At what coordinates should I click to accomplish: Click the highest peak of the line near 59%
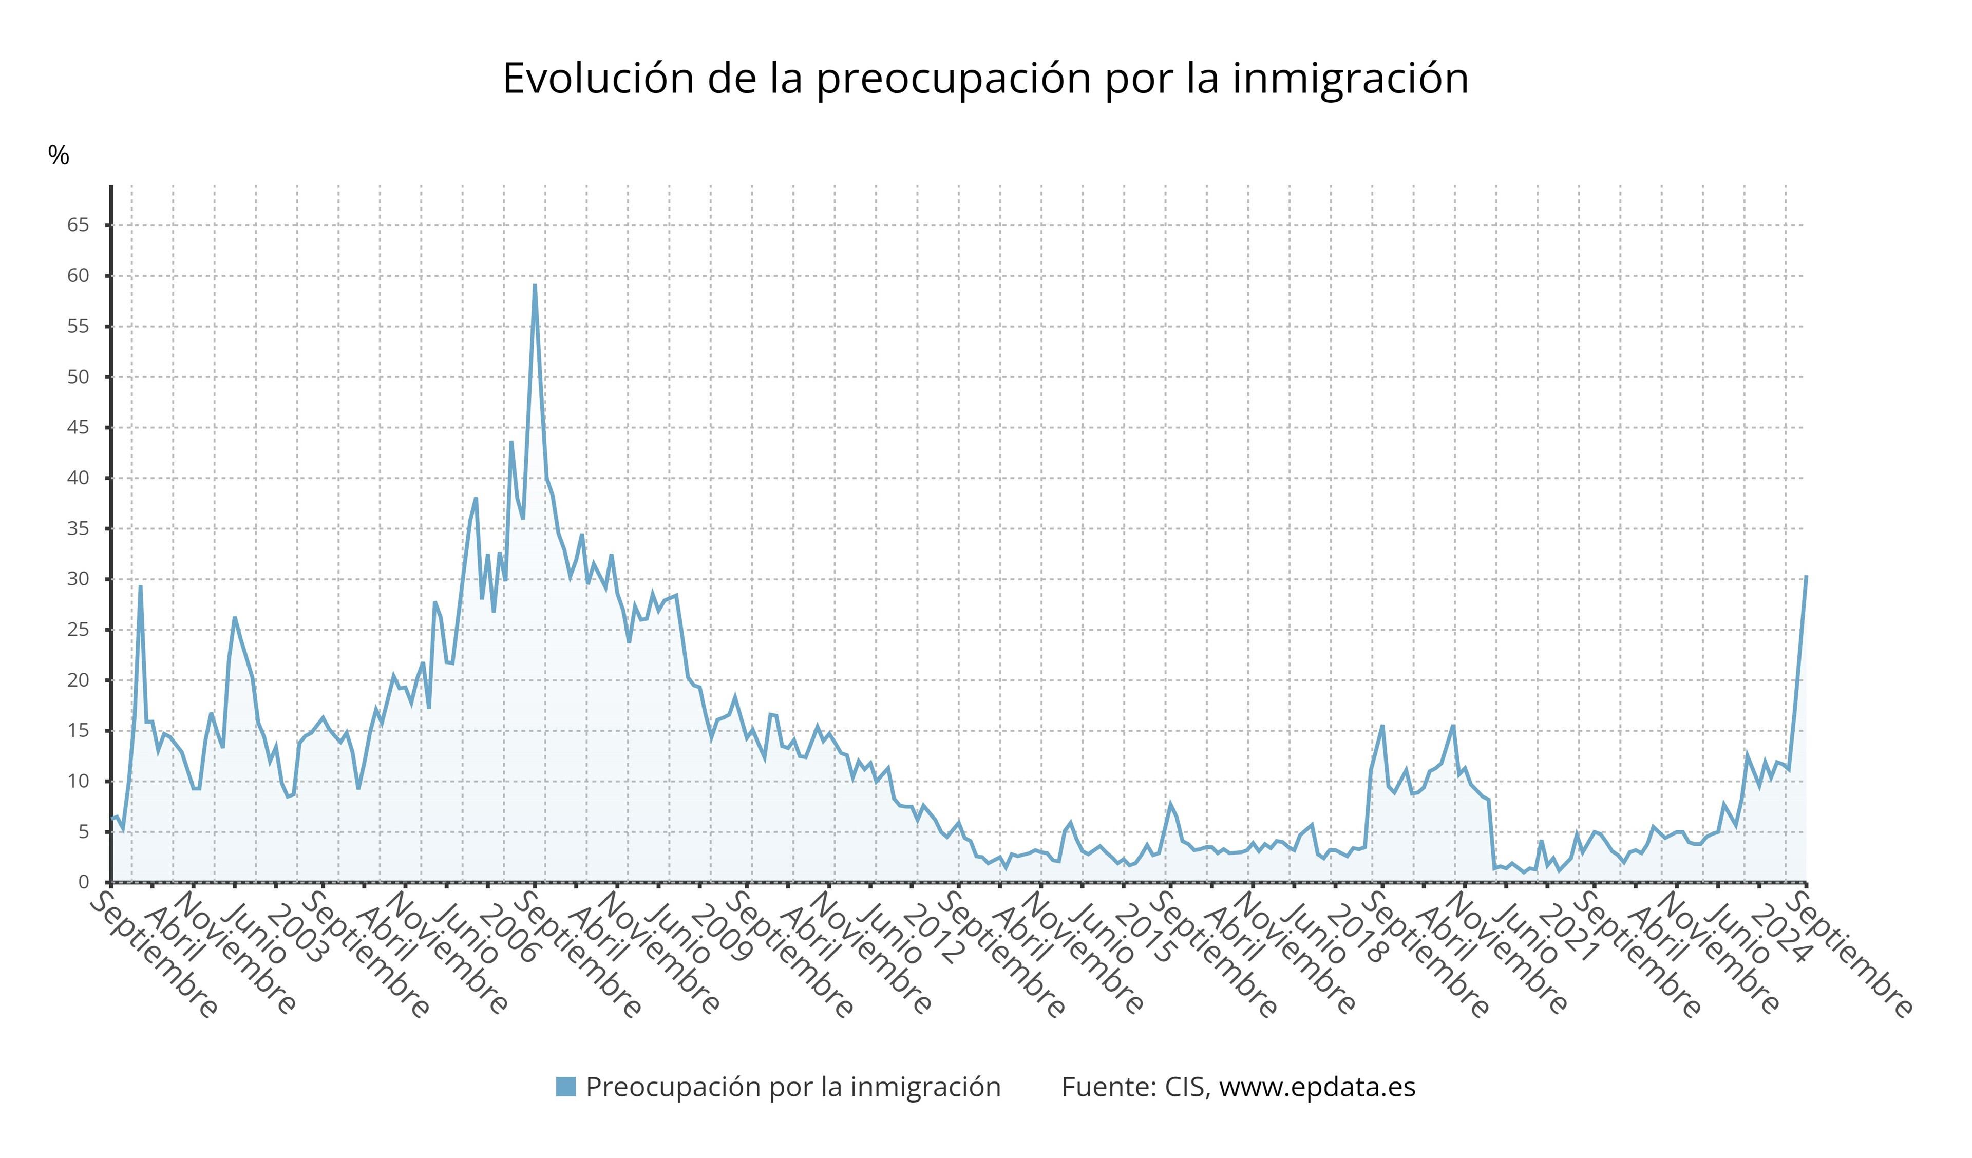[x=535, y=286]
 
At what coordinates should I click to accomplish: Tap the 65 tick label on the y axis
[x=78, y=225]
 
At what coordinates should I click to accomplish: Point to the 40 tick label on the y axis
[x=78, y=478]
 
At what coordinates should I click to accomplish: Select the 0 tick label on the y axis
[x=84, y=883]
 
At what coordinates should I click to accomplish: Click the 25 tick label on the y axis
[x=78, y=630]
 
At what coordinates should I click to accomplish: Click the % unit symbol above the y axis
[x=59, y=156]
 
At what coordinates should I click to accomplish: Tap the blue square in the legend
[x=566, y=1087]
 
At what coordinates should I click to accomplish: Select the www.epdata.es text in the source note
[x=1317, y=1087]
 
